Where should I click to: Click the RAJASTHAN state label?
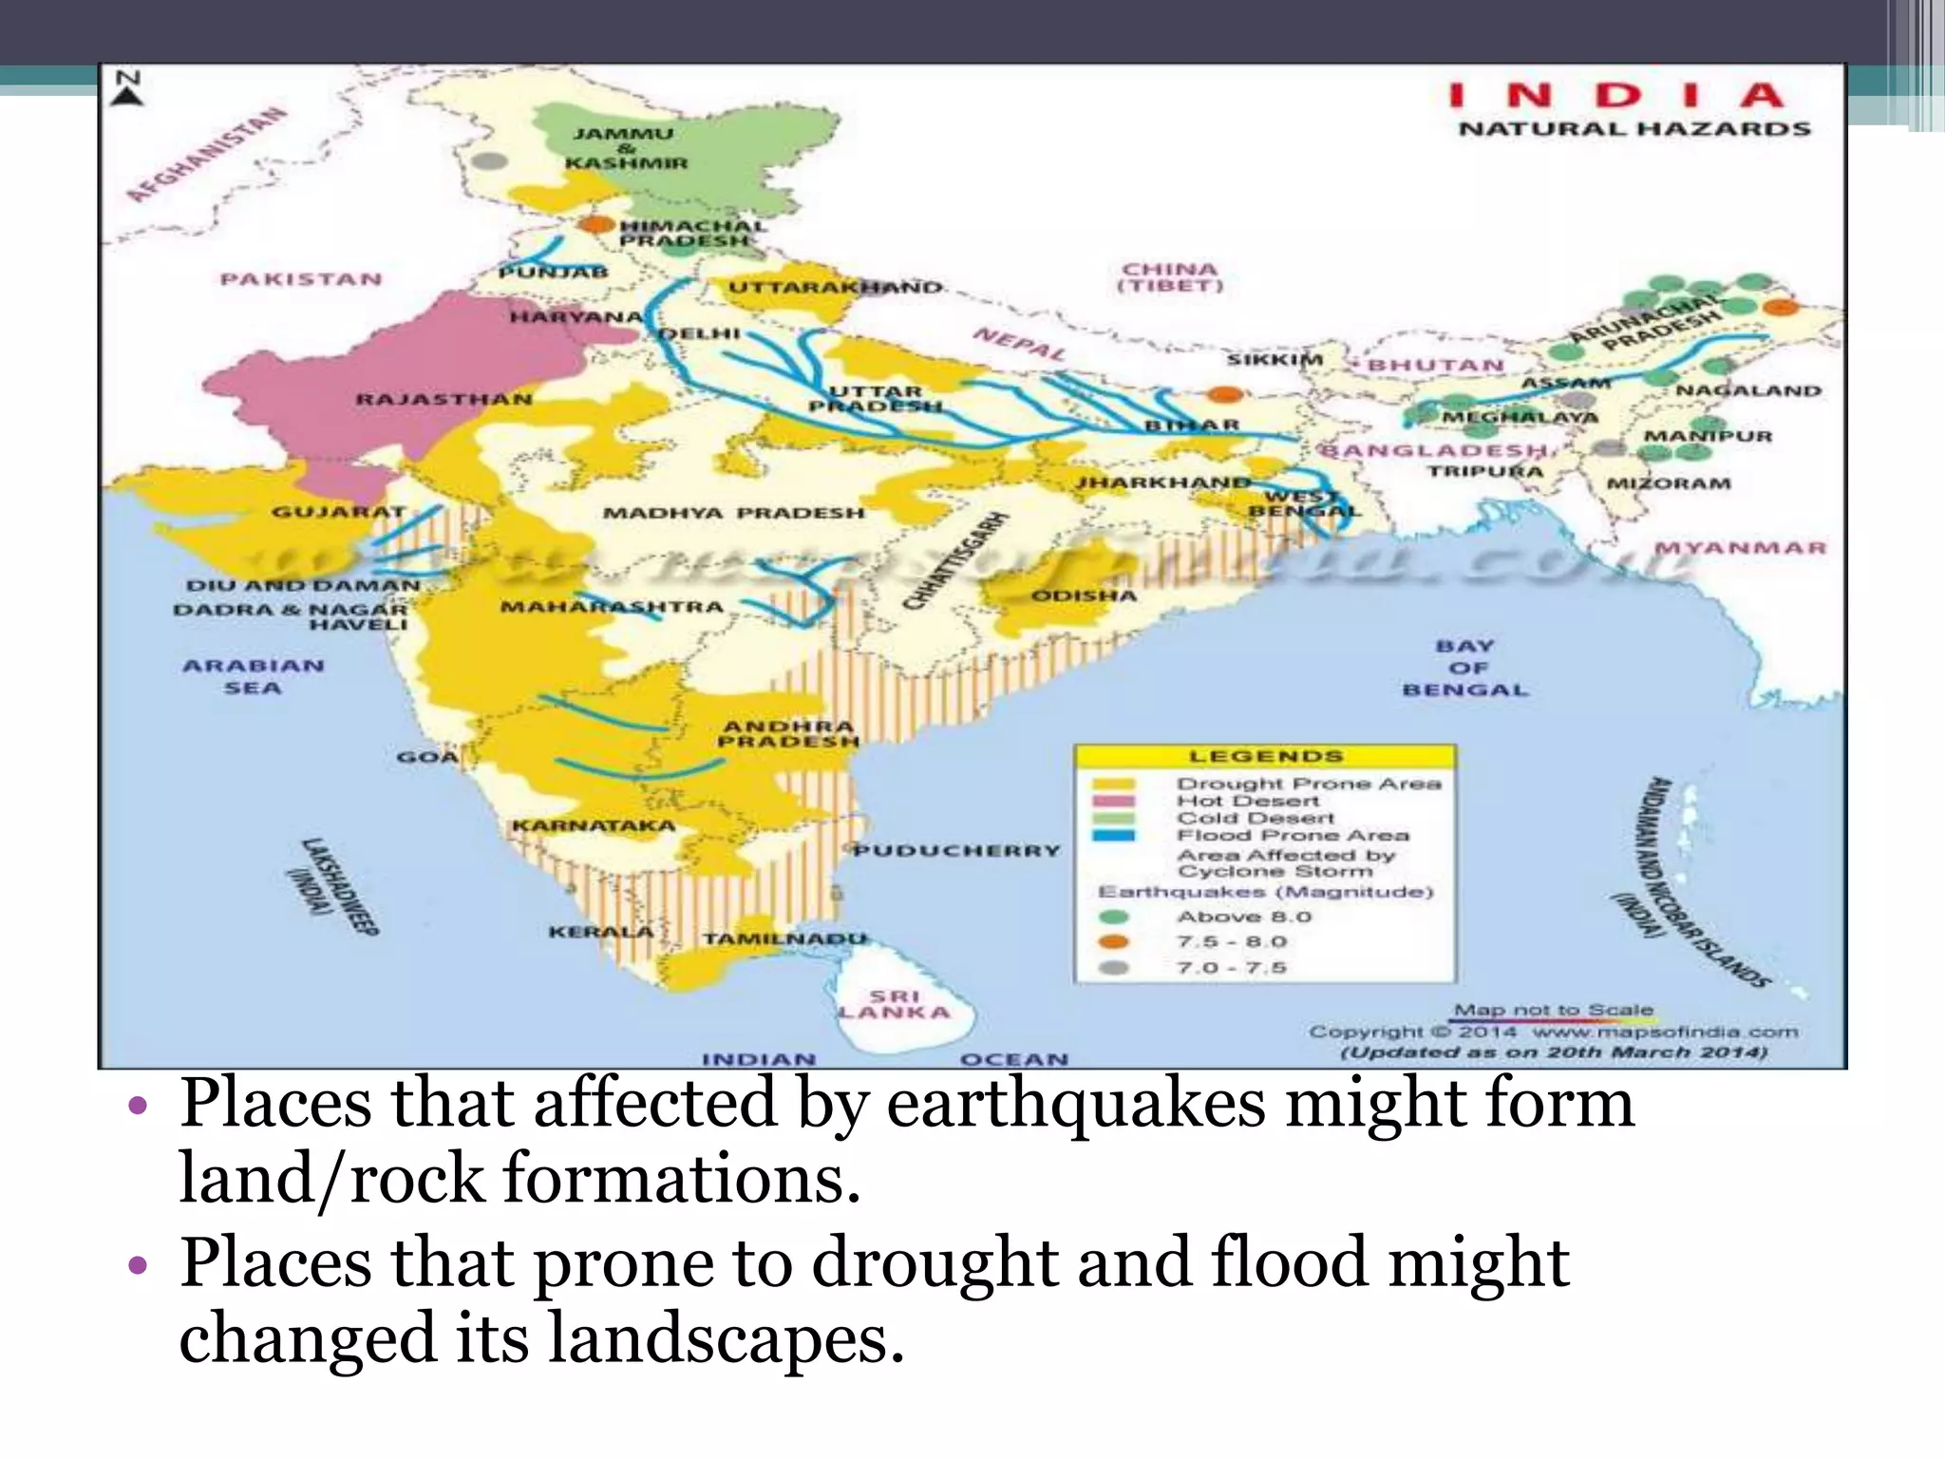444,399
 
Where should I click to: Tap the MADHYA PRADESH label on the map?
734,513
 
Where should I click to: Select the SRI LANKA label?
895,1004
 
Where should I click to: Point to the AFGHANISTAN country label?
206,155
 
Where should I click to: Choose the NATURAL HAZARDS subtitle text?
1633,129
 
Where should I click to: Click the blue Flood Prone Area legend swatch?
1113,836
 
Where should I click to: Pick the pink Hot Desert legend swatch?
1113,801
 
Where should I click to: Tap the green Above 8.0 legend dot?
1113,918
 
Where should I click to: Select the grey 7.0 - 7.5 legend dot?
1113,968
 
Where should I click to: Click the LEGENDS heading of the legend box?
1266,757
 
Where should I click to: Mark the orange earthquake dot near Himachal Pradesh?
596,225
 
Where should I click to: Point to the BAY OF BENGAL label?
1465,668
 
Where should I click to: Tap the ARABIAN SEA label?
254,676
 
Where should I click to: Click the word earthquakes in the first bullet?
1075,1104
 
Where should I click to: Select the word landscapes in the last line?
727,1337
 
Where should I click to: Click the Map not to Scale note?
1554,1010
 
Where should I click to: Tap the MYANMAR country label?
1740,548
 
